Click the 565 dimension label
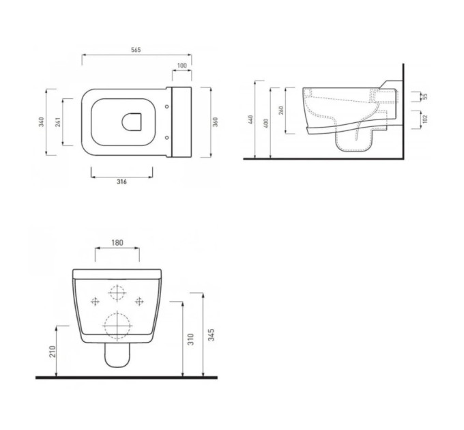click(x=136, y=50)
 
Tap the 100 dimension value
click(x=182, y=66)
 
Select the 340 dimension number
click(x=42, y=122)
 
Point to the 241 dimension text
click(x=58, y=122)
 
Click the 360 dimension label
click(x=216, y=122)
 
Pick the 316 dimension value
click(x=121, y=182)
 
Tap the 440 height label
click(x=251, y=119)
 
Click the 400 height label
click(x=266, y=123)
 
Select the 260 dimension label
click(x=281, y=110)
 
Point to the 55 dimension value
click(x=425, y=96)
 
